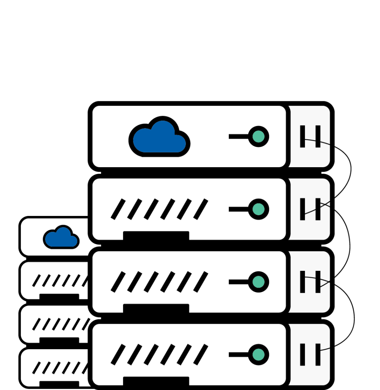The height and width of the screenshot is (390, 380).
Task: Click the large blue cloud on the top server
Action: pos(160,138)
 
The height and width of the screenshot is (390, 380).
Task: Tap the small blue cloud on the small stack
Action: pos(61,238)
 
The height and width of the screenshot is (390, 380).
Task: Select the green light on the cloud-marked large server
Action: pos(259,136)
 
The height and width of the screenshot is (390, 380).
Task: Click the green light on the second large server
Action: pos(259,209)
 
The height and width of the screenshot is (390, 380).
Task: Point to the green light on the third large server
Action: pos(259,282)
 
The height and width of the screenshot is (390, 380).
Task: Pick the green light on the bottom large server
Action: pos(259,355)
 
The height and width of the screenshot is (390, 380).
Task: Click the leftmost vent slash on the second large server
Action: pos(118,209)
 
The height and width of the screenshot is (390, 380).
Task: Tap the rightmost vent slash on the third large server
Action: pos(201,282)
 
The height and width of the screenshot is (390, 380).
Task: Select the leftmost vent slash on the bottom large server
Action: pos(118,355)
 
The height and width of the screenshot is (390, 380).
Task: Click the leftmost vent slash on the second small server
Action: pos(37,281)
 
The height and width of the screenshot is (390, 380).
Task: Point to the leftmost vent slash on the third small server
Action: pos(37,324)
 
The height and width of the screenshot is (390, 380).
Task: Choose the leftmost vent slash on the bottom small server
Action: pos(37,368)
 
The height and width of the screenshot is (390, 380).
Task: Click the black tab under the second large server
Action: pos(156,236)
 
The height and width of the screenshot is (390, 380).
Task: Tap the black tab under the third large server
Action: pos(156,308)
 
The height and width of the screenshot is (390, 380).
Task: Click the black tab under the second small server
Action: pos(59,297)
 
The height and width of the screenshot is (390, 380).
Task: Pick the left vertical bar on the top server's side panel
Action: pos(302,136)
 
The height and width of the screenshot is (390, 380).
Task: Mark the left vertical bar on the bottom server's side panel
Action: pos(302,355)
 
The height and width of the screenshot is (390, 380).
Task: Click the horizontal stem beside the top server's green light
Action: pos(238,136)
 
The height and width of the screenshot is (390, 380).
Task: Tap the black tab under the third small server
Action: pos(59,340)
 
